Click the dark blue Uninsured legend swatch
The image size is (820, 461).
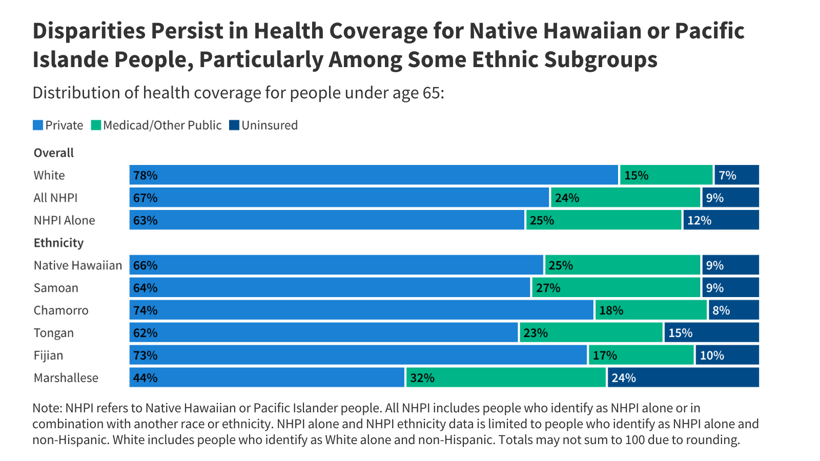click(x=234, y=125)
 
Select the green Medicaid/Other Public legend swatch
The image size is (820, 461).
click(x=96, y=125)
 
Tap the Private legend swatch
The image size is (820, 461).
click(x=38, y=125)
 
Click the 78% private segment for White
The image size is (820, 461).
click(x=374, y=175)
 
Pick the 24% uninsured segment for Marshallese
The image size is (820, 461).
click(x=683, y=377)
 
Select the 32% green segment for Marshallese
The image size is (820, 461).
click(x=506, y=377)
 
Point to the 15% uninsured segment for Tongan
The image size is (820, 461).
click(x=712, y=332)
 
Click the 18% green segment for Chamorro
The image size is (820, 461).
click(x=651, y=310)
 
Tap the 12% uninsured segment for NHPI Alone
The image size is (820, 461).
click(x=721, y=220)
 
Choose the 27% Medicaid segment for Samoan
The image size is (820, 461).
click(x=616, y=287)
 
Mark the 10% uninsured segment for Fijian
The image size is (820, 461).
click(x=727, y=355)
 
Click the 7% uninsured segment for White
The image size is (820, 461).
click(x=737, y=175)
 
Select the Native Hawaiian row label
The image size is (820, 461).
click(x=77, y=265)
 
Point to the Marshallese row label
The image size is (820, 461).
click(x=66, y=378)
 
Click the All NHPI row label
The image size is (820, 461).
click(x=56, y=198)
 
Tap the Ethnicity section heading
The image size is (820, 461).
click(x=58, y=243)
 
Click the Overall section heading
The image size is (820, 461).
click(x=53, y=153)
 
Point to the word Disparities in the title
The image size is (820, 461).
click(x=89, y=31)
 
